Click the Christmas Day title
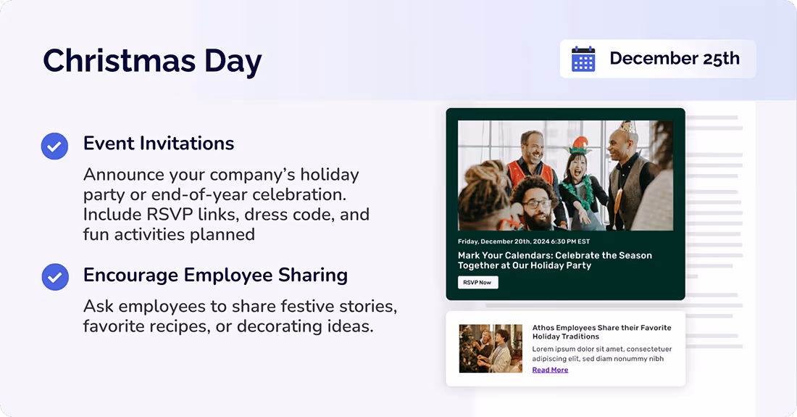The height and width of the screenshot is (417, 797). (x=152, y=60)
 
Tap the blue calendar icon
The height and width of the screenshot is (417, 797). (x=583, y=59)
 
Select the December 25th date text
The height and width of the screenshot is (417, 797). (x=674, y=59)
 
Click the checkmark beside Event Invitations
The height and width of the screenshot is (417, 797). (x=54, y=146)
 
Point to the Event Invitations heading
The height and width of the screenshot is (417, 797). (x=159, y=144)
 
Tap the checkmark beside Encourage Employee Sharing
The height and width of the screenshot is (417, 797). (x=54, y=277)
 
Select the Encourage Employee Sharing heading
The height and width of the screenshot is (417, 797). (x=215, y=276)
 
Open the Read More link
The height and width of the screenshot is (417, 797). (x=550, y=370)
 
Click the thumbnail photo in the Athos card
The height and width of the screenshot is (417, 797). (x=491, y=348)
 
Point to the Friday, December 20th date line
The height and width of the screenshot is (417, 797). (x=524, y=241)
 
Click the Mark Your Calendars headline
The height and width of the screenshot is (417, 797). (x=554, y=260)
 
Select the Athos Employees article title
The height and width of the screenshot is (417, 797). (x=601, y=332)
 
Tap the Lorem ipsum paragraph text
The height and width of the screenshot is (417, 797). (x=598, y=353)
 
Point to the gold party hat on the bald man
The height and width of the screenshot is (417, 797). (x=628, y=128)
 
